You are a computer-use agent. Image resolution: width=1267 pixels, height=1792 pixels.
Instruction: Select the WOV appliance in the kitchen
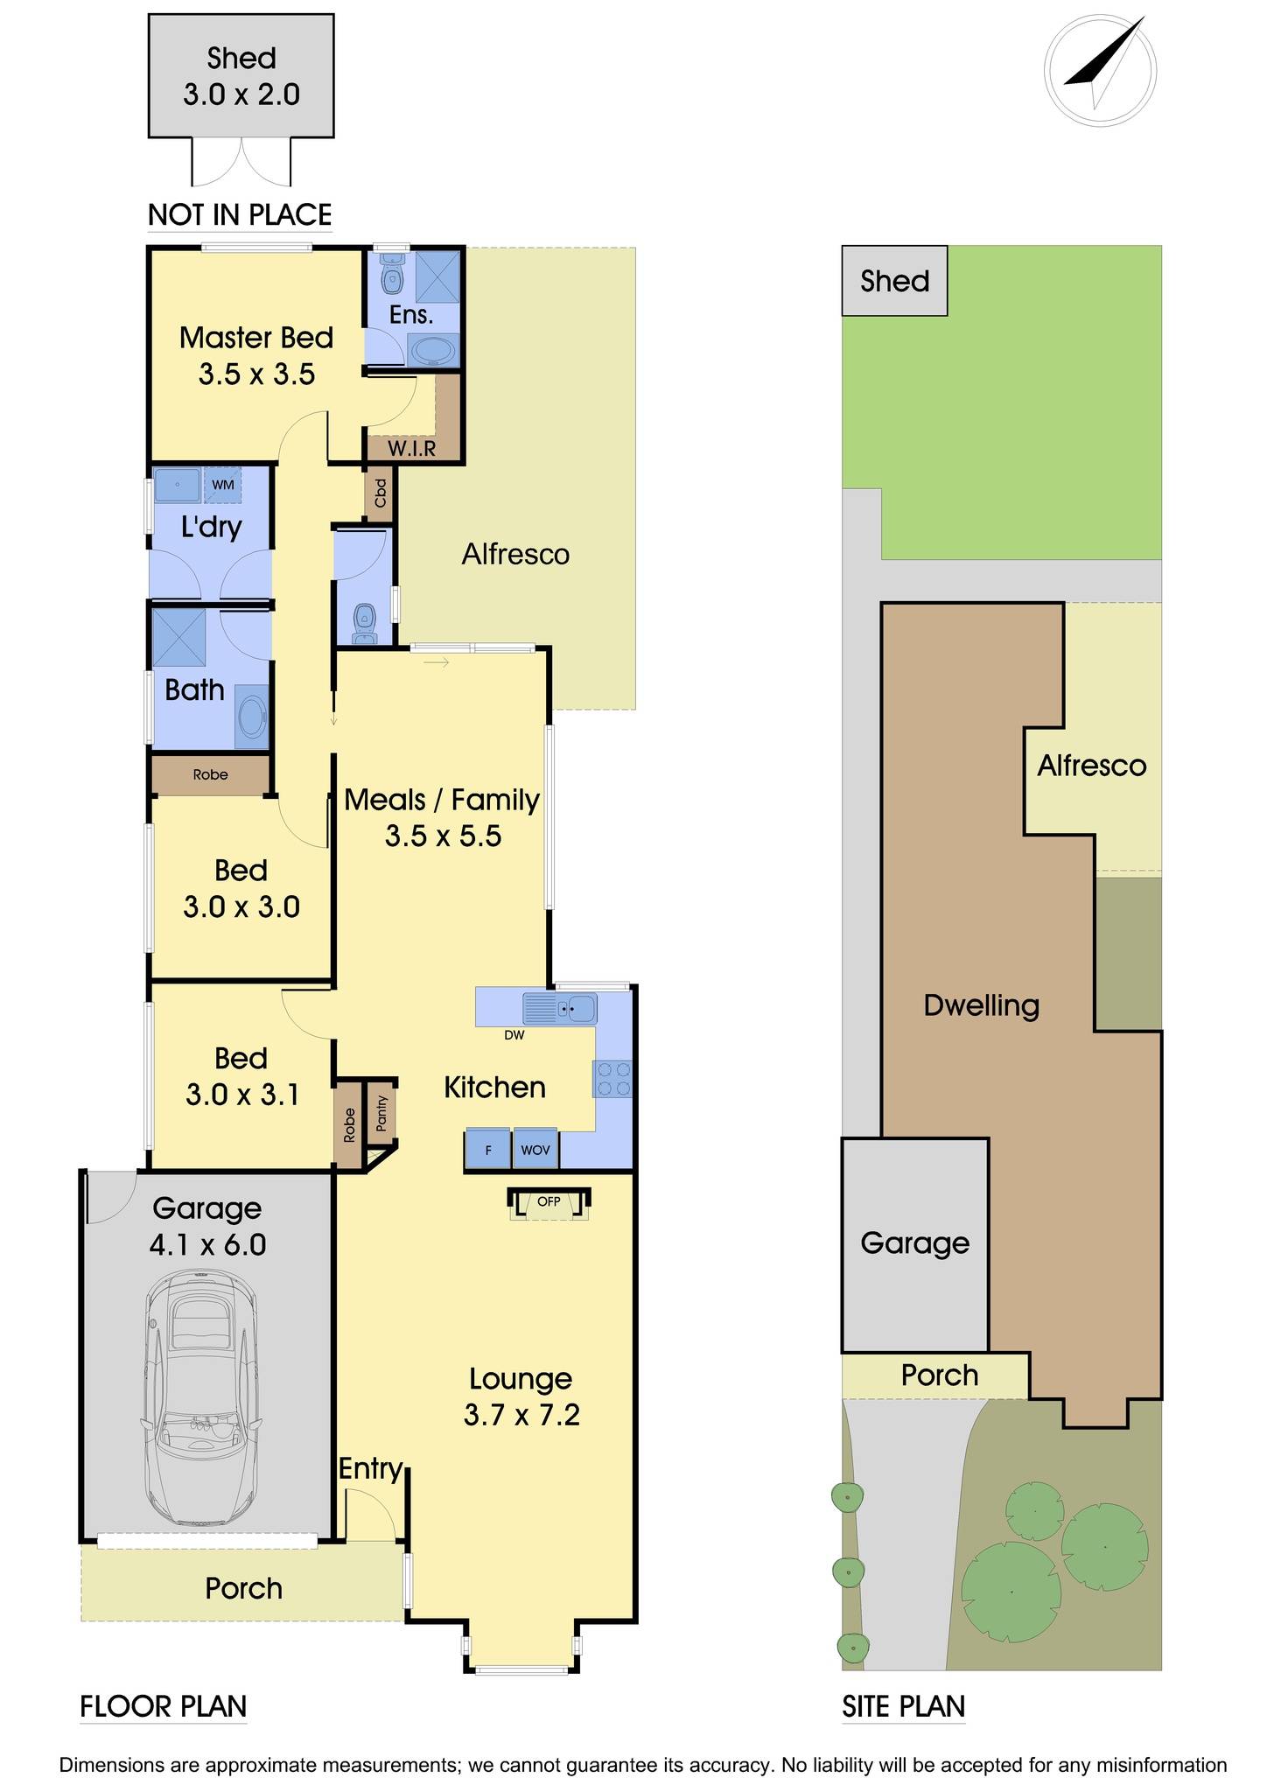pos(535,1149)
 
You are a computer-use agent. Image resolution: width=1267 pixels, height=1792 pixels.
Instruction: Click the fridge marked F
pos(487,1149)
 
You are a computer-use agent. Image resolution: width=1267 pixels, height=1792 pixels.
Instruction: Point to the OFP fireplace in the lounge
pos(549,1202)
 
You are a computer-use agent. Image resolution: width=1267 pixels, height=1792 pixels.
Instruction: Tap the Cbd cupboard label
pos(380,493)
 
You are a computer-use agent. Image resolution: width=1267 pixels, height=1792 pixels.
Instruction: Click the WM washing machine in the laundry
pos(223,485)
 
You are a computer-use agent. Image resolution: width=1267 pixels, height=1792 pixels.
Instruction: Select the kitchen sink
pos(560,1008)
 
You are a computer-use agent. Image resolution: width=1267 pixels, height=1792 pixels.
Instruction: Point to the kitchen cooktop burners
pos(612,1078)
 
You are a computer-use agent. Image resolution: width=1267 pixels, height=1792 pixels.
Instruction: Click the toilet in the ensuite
pos(391,273)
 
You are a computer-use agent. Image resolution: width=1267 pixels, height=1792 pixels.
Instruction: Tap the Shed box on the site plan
pos(894,281)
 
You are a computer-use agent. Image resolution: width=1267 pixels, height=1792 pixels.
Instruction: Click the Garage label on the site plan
pos(915,1243)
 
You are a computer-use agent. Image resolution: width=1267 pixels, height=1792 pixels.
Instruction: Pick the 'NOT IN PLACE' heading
pos(240,215)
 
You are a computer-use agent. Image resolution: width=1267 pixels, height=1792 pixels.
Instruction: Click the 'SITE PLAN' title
pos(904,1706)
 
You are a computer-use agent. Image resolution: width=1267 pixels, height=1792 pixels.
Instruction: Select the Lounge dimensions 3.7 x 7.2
pos(521,1415)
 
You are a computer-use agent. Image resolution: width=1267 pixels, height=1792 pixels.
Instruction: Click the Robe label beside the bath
pos(211,774)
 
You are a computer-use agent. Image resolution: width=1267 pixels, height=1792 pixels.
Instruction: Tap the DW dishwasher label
pos(514,1035)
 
